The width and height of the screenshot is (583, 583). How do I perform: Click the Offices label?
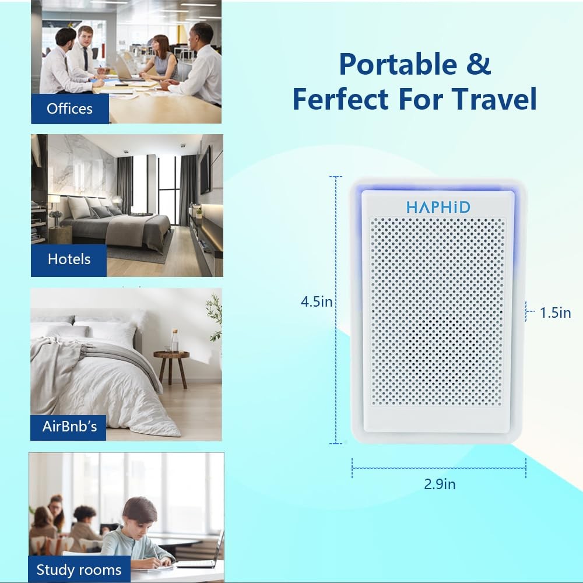[x=69, y=108]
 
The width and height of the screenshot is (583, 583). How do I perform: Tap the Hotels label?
[x=69, y=259]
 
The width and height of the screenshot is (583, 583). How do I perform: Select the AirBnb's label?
[x=69, y=427]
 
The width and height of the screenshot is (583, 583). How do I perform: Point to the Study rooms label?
[x=79, y=570]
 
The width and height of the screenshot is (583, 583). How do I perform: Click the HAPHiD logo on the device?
[x=438, y=207]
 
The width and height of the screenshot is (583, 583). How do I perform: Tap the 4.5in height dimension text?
[x=317, y=301]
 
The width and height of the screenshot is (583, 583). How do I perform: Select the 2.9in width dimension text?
[x=440, y=484]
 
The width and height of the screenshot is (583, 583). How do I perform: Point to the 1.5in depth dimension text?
[x=555, y=312]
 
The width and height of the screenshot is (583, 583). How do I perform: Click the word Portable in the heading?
[x=398, y=64]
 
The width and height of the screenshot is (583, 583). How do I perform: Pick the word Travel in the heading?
[x=494, y=99]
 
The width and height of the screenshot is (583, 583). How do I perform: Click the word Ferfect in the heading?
[x=340, y=99]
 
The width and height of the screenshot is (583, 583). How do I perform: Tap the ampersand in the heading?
[x=479, y=64]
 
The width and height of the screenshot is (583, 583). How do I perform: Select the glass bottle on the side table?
[x=174, y=340]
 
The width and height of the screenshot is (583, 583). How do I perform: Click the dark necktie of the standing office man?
[x=86, y=59]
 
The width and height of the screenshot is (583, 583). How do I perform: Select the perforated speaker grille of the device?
[x=437, y=311]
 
